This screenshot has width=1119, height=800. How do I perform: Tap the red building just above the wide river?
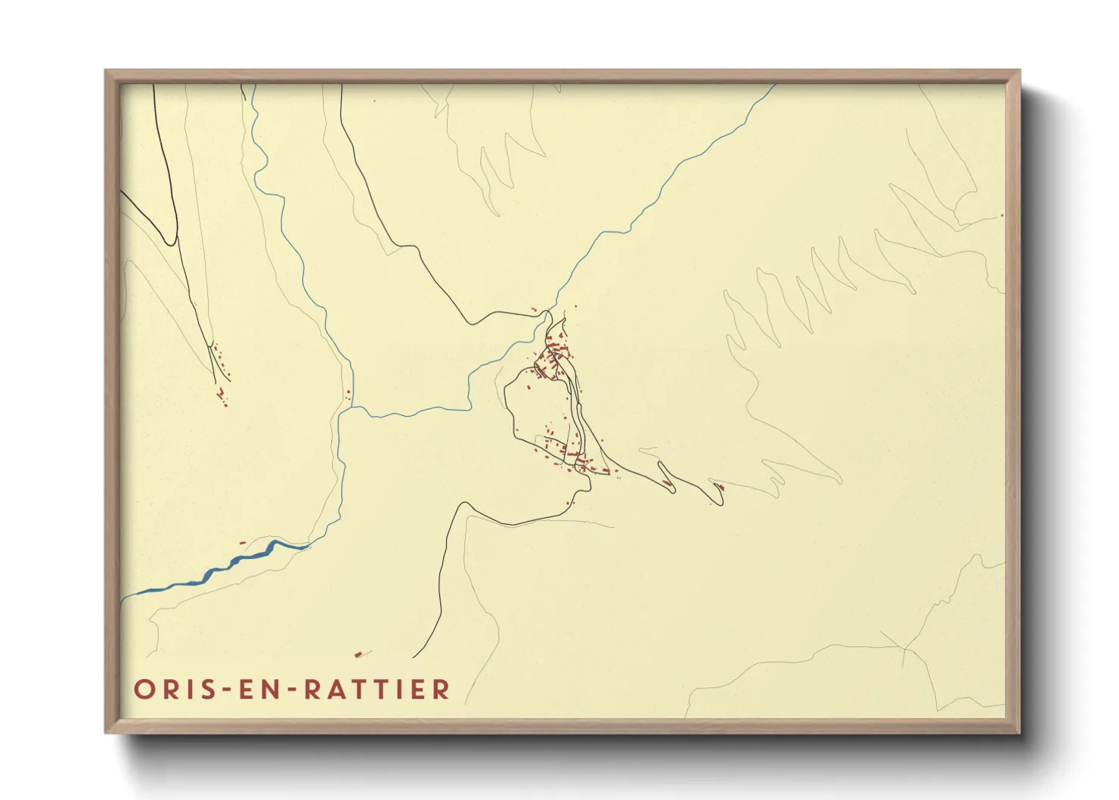point(242,542)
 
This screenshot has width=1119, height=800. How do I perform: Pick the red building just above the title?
point(358,655)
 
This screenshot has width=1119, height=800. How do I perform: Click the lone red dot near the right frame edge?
point(1002,216)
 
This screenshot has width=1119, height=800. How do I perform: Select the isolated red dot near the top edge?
point(374,101)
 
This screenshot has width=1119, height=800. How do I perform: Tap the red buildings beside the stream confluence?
point(349,393)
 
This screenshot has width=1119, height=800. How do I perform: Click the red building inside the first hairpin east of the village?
point(665,482)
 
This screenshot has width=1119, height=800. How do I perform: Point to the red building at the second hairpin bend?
point(719,487)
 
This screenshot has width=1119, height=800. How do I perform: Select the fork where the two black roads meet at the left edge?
point(175,243)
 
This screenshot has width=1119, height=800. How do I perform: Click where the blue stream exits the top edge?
point(773,86)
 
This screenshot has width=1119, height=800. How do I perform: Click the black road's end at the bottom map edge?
point(414,657)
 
